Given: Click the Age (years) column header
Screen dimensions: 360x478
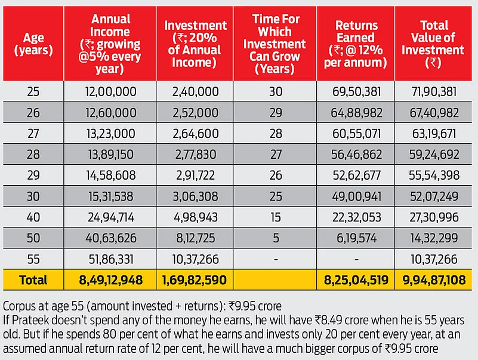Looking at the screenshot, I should click(33, 44).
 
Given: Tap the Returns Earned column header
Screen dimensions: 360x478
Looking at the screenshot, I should click(356, 44).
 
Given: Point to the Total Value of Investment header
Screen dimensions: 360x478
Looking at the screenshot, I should click(434, 44).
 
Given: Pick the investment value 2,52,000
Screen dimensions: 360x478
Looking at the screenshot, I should click(195, 112).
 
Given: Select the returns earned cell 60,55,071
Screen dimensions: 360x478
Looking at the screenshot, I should click(356, 133).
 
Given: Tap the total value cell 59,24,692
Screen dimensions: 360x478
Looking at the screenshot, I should click(434, 154).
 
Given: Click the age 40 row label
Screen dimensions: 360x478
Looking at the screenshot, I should click(33, 217).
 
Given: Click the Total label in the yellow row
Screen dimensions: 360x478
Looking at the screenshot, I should click(33, 279).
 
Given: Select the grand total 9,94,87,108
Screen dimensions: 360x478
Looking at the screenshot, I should click(434, 279).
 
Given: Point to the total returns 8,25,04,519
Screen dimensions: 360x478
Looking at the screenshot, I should click(356, 279).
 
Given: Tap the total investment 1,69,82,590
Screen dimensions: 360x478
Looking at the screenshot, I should click(195, 279).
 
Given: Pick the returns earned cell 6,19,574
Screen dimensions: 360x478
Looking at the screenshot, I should click(356, 238).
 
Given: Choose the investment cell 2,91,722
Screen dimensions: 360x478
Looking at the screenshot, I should click(195, 175).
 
